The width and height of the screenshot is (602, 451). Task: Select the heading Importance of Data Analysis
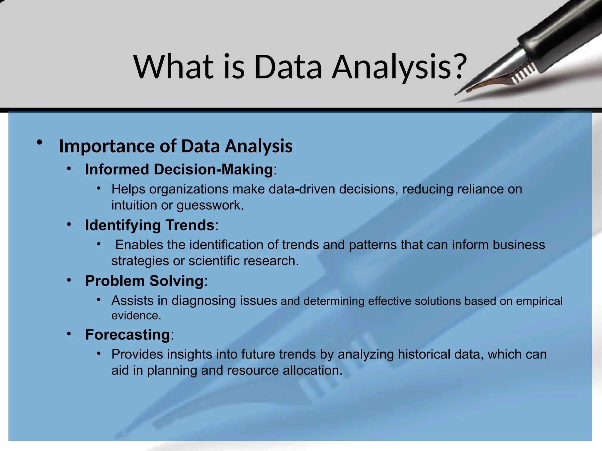point(175,146)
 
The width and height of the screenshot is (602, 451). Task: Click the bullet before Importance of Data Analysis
point(39,143)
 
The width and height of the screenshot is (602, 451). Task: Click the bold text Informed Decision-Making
point(179,169)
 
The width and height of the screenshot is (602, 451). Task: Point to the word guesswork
point(210,205)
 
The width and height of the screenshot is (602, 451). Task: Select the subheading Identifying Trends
point(150,225)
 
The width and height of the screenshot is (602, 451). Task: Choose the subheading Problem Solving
point(144,281)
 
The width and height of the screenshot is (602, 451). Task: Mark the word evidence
point(136,316)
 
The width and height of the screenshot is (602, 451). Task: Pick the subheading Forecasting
point(128,334)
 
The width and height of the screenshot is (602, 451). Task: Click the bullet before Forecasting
point(69,334)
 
